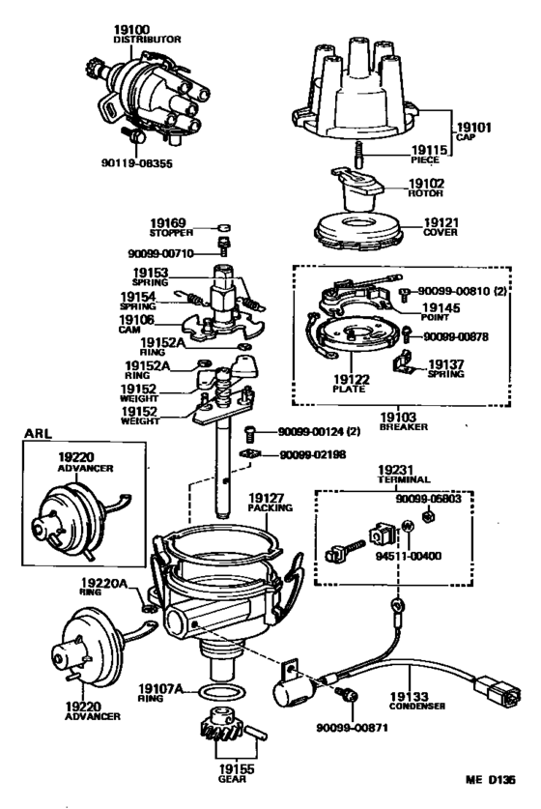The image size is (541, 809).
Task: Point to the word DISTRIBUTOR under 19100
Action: point(140,42)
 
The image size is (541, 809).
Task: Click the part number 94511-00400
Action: point(408,557)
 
